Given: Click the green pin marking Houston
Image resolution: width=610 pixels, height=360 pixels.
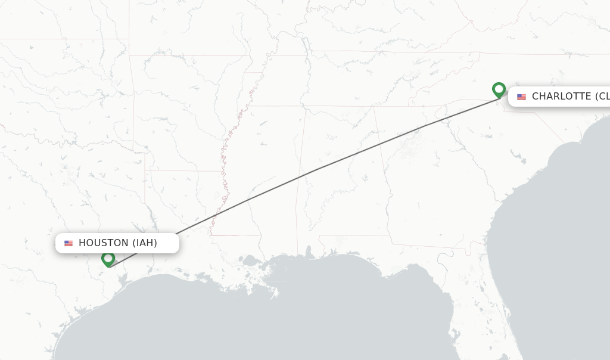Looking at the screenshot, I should click(108, 259).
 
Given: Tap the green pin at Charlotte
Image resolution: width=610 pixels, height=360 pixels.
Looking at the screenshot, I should click(499, 89).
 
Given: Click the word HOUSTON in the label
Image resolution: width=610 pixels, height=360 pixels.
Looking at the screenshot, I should click(103, 243).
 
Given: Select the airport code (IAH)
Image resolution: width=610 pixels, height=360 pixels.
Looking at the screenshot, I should click(145, 243).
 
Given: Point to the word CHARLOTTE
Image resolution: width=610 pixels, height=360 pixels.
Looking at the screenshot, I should click(562, 97).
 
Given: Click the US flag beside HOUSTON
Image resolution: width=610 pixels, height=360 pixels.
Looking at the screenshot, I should click(69, 243).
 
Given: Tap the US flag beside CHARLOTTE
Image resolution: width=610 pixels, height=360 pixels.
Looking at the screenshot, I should click(521, 97).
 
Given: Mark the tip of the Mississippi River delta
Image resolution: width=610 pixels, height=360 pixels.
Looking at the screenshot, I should click(275, 293).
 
